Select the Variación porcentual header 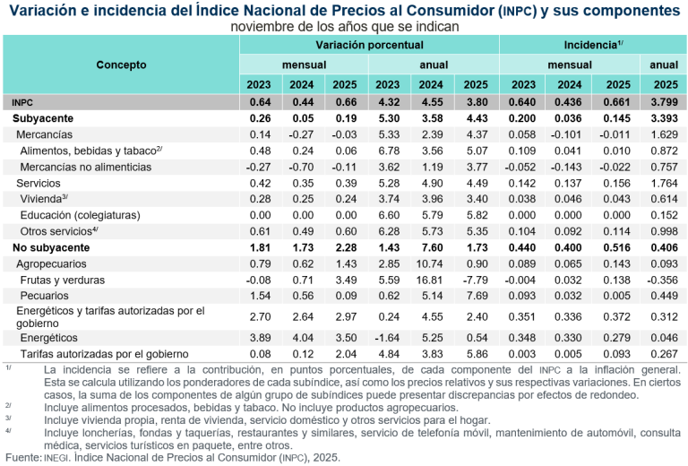369,44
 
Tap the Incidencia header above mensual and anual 592,44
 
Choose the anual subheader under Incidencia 663,65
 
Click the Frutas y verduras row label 63,280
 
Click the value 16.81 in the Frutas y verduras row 434,280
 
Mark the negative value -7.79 475,280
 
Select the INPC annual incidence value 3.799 663,102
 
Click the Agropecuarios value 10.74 434,263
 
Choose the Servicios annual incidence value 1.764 663,182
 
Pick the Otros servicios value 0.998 663,231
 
